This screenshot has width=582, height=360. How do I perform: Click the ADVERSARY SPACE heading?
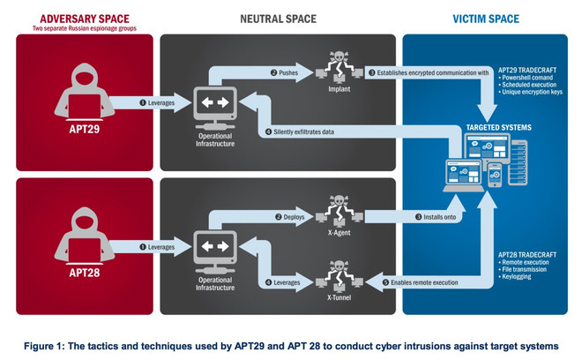[x=82, y=17]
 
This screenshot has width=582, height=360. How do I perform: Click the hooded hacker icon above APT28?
[x=82, y=230]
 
